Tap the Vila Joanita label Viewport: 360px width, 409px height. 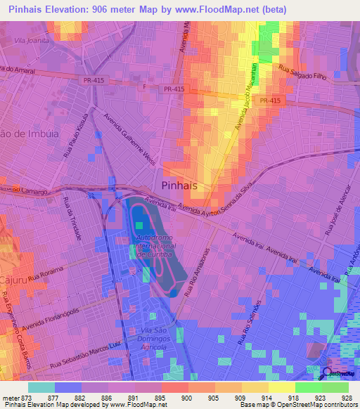pyautogui.click(x=30, y=40)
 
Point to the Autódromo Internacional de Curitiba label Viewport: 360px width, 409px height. pyautogui.click(x=153, y=247)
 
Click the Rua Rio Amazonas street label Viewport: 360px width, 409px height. pyautogui.click(x=198, y=274)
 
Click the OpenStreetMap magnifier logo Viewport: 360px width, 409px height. pyautogui.click(x=326, y=373)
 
